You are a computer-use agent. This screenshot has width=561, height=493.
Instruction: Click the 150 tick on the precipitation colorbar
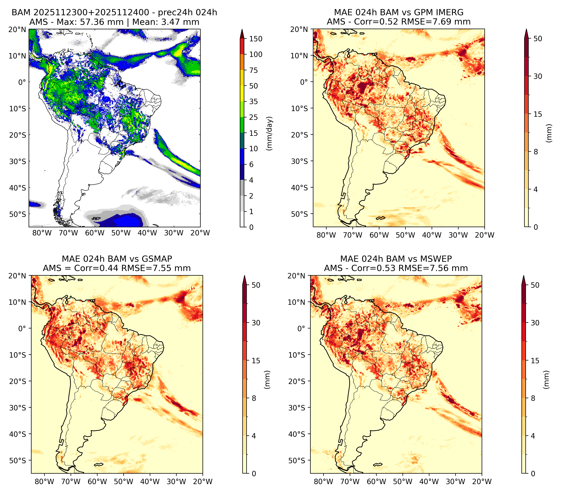click(x=255, y=39)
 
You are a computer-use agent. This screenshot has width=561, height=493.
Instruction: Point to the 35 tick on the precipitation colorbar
click(x=253, y=101)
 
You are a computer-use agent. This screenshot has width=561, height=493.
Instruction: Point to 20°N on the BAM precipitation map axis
click(x=17, y=29)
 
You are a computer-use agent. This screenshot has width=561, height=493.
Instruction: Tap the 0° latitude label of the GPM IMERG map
click(x=304, y=82)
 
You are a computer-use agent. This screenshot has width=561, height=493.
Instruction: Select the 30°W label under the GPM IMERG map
click(x=458, y=235)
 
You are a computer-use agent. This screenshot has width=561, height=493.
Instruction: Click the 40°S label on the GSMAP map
click(x=17, y=434)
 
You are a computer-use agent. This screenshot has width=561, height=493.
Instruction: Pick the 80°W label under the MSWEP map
click(x=324, y=482)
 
